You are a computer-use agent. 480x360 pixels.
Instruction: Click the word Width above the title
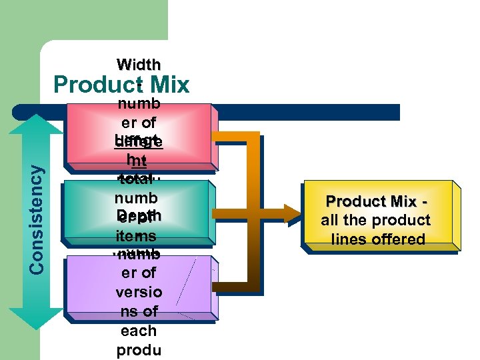click(x=139, y=65)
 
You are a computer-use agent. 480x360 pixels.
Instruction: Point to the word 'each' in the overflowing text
click(x=138, y=331)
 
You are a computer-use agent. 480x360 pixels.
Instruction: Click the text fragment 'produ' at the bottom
click(x=138, y=351)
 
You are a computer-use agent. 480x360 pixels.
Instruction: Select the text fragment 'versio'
click(x=138, y=292)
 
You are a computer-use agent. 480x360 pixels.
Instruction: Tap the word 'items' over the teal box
click(x=136, y=237)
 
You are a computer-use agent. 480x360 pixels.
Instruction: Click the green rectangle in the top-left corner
click(x=83, y=20)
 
